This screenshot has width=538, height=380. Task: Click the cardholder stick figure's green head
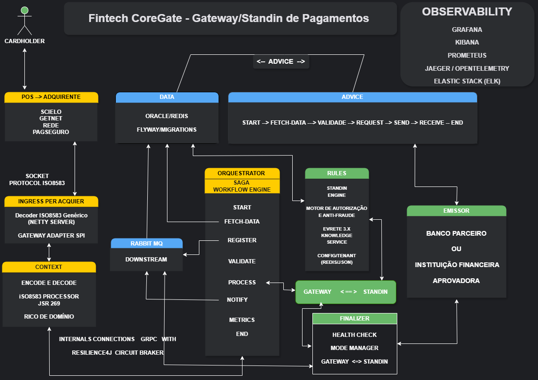tap(25, 10)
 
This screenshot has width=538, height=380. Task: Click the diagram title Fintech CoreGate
tap(228, 18)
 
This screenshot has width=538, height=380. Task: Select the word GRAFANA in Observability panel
tap(467, 30)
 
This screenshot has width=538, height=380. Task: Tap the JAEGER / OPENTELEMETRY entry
tap(467, 68)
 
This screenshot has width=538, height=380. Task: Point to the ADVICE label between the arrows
tap(281, 61)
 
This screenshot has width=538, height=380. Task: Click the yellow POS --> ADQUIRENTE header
tap(51, 97)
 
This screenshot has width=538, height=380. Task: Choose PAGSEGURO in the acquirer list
tap(51, 132)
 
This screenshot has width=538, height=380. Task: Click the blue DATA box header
tap(167, 97)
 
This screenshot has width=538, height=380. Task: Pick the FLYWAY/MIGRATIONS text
tap(167, 129)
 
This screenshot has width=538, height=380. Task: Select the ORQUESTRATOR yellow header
tap(242, 173)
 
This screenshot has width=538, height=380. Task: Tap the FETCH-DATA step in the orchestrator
tap(242, 221)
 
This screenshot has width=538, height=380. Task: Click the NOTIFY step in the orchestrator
tap(237, 299)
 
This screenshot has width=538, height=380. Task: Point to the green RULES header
tap(337, 173)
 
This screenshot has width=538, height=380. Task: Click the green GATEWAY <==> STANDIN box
tap(345, 292)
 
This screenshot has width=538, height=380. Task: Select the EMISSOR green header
tap(456, 211)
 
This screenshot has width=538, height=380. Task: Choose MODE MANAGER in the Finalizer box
tap(354, 348)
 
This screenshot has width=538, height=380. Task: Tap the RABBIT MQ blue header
tap(146, 243)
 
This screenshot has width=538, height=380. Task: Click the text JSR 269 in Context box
tap(50, 304)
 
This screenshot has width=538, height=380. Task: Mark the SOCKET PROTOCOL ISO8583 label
tap(37, 179)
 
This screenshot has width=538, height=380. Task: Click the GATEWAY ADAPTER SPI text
tap(51, 235)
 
